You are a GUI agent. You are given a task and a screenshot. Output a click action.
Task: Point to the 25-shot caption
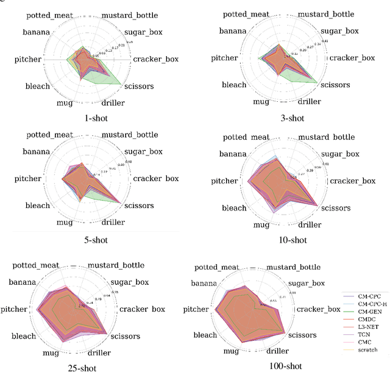pos(82,367)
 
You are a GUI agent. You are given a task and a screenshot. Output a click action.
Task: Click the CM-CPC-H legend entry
pos(368,304)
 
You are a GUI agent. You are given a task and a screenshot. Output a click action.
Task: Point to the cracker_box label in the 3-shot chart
pos(352,59)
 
